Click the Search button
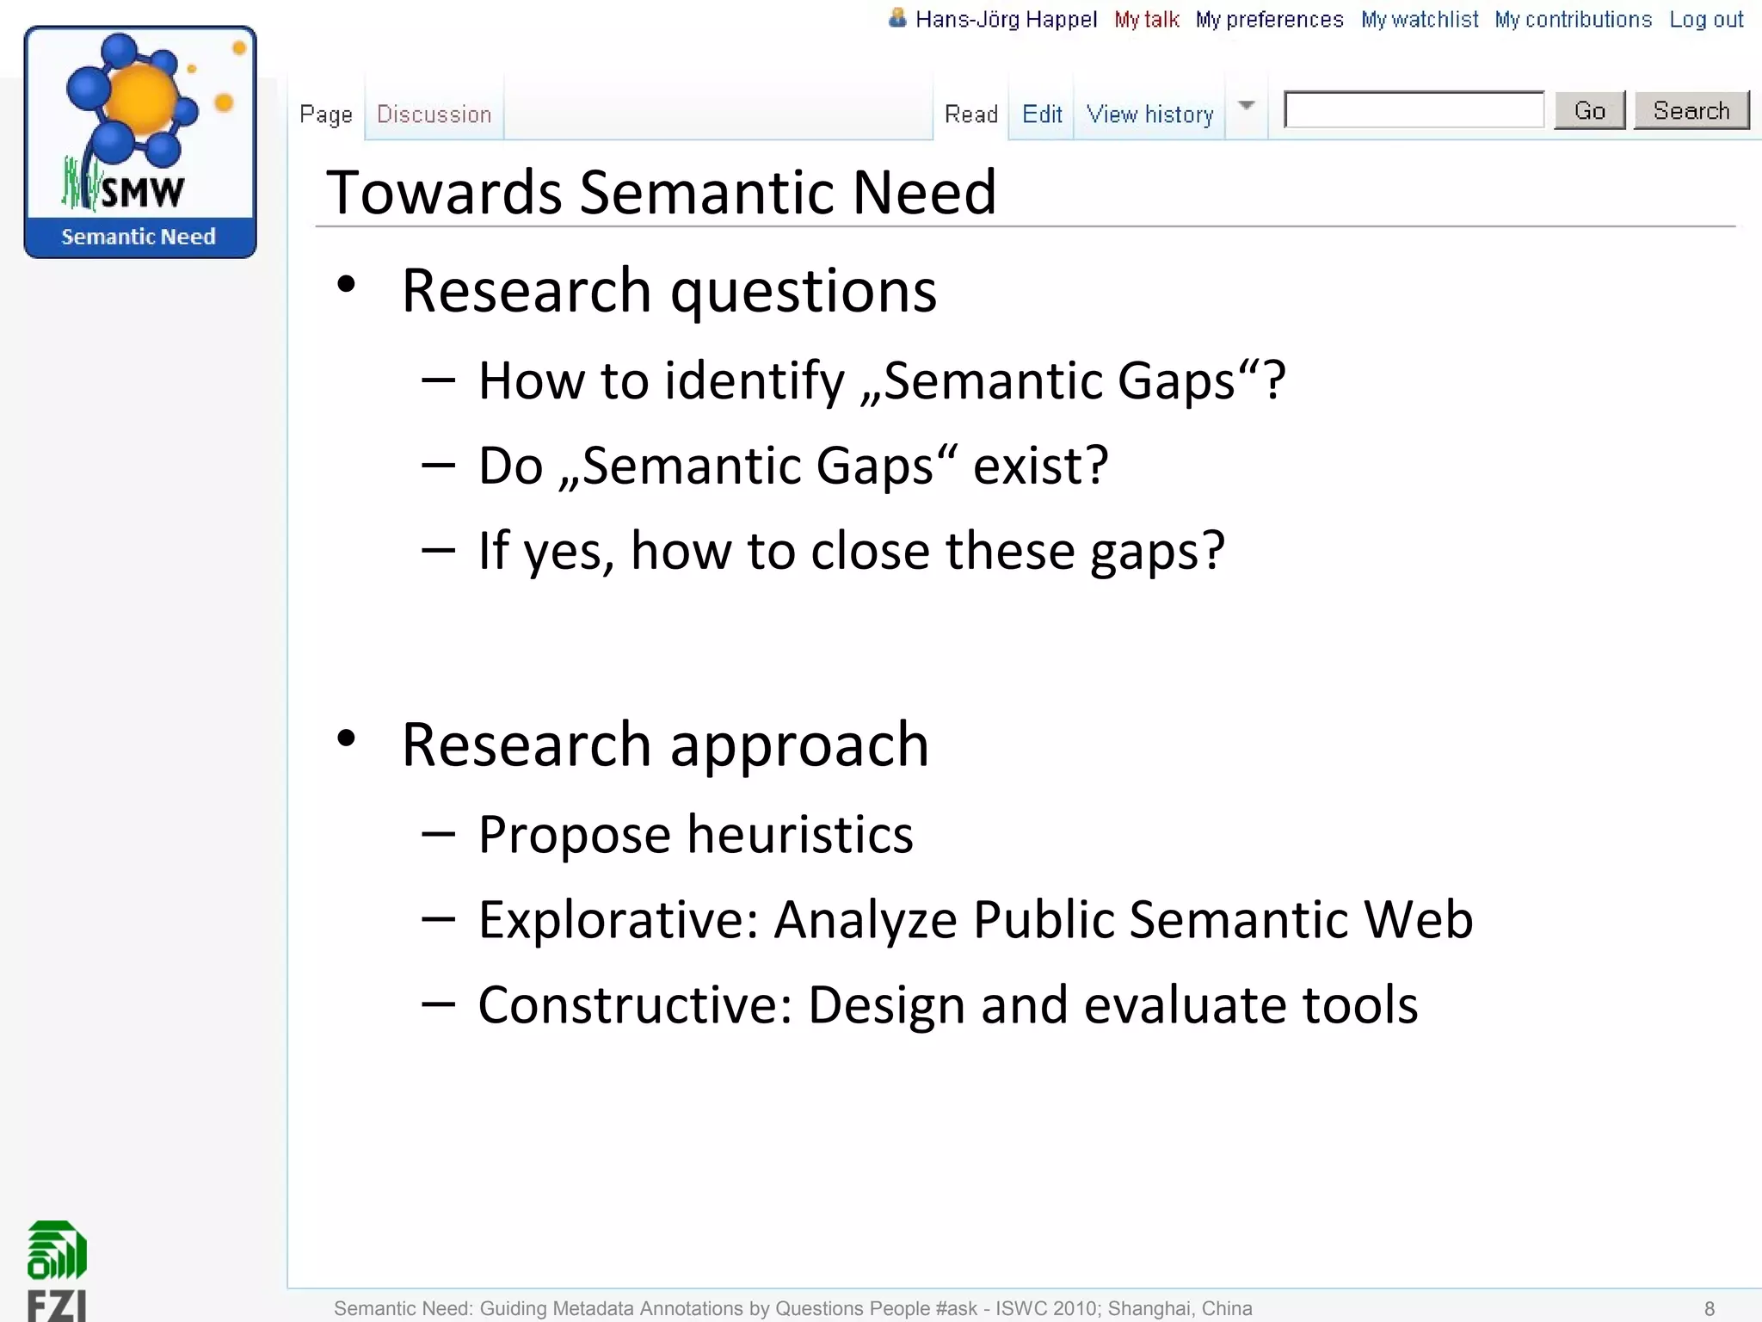[x=1691, y=110]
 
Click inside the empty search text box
[x=1414, y=110]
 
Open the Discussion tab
[x=434, y=114]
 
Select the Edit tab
[x=1041, y=114]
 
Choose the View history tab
[x=1149, y=114]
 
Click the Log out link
[x=1705, y=20]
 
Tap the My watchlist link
[x=1419, y=20]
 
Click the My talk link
[x=1146, y=20]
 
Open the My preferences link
[x=1269, y=20]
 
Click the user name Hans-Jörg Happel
[x=1005, y=20]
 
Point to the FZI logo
[x=57, y=1269]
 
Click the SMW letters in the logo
[x=142, y=192]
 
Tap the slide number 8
[x=1709, y=1308]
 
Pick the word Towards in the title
[x=443, y=192]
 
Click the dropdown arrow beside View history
[x=1246, y=106]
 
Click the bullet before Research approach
[x=347, y=738]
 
